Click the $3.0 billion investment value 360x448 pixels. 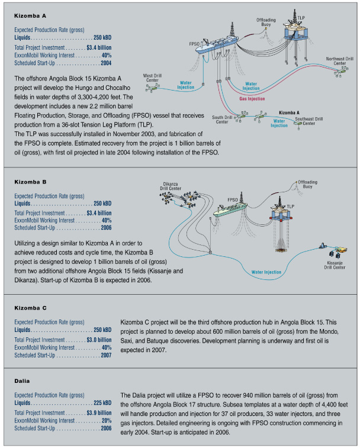(x=99, y=340)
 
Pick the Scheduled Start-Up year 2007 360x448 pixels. (x=106, y=356)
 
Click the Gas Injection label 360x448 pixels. (x=252, y=99)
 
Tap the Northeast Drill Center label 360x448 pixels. (x=340, y=61)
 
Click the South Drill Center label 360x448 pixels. (x=221, y=120)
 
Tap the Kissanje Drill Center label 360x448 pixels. (x=335, y=265)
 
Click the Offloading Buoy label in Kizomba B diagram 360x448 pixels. (x=307, y=183)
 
